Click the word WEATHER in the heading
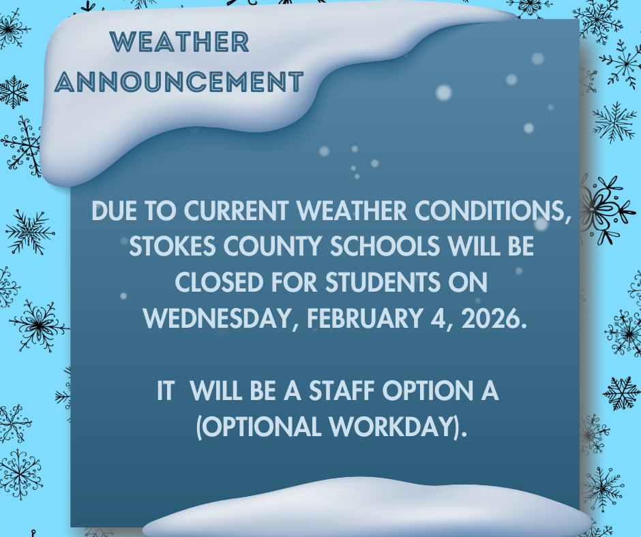[180, 42]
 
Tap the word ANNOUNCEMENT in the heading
[179, 82]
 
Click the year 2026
[494, 319]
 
